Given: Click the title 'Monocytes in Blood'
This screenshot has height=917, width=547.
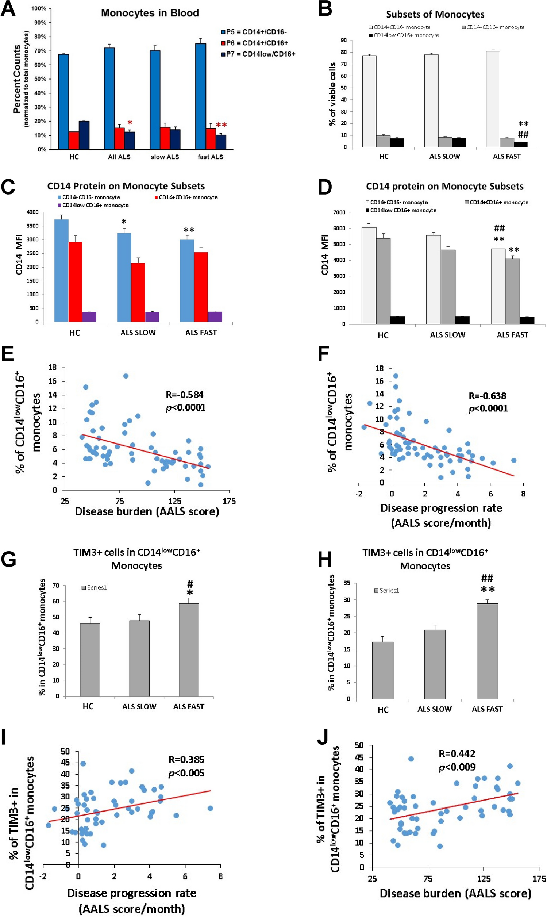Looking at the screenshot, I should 150,13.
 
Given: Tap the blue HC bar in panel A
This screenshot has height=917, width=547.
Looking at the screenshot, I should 63,101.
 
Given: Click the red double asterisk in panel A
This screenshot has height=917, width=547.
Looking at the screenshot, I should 221,125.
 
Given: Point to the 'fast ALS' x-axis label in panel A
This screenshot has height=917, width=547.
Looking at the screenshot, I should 211,157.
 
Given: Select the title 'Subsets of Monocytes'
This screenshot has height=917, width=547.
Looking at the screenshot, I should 435,14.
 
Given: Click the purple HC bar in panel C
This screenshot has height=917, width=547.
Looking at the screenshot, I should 89,317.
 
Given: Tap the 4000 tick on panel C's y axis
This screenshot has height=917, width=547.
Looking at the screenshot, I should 32,212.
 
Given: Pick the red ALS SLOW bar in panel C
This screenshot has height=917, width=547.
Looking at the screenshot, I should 138,292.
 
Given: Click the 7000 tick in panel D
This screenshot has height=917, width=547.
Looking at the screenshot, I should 339,212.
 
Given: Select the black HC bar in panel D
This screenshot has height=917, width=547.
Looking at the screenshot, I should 398,320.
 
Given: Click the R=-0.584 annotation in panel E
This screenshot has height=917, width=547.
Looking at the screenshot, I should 184,395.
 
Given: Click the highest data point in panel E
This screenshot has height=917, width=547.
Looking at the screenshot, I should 126,376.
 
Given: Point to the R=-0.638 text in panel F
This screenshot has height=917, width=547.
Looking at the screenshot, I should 487,396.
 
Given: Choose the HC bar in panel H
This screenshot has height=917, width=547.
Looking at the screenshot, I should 382,670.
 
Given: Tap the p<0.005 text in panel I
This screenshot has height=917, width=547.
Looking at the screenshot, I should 186,772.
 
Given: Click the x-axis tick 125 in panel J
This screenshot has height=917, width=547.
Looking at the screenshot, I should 484,879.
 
